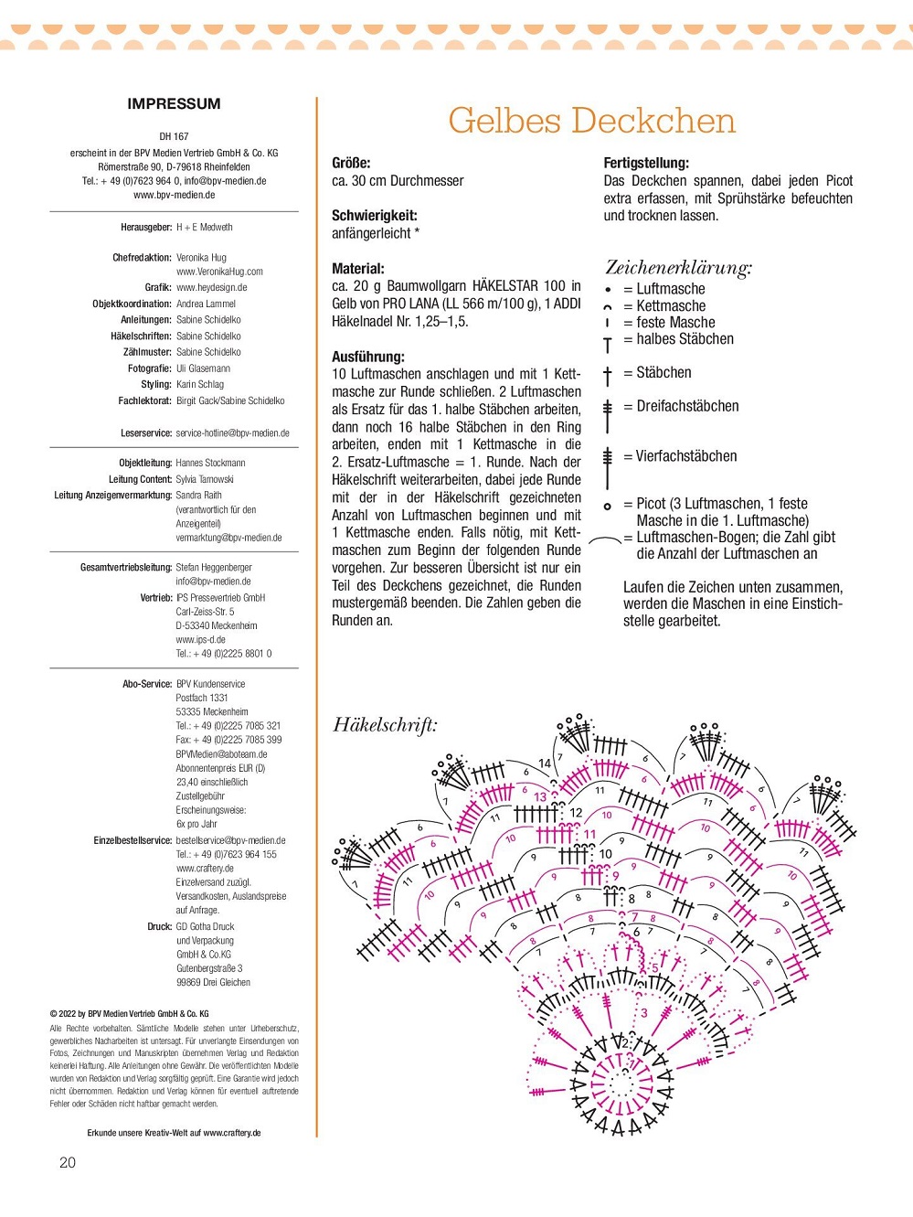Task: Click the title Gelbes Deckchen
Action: (591, 121)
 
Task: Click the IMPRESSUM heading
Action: (174, 104)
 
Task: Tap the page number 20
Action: (68, 1162)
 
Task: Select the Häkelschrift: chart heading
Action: (385, 725)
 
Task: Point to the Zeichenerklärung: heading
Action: (678, 268)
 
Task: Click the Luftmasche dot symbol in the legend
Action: (608, 290)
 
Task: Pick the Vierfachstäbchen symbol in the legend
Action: (608, 466)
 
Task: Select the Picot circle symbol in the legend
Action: (608, 506)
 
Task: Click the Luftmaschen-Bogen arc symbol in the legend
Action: (605, 541)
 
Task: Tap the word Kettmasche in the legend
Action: (671, 306)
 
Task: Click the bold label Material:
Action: (358, 269)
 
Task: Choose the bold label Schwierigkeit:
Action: (374, 216)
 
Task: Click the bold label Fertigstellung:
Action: (646, 163)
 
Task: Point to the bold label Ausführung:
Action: (367, 357)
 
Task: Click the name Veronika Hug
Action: (201, 258)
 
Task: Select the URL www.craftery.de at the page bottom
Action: (232, 1133)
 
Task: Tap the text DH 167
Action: (174, 136)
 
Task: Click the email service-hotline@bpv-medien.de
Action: (233, 433)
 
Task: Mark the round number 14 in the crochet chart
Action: (545, 763)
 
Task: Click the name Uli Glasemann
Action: (203, 368)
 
